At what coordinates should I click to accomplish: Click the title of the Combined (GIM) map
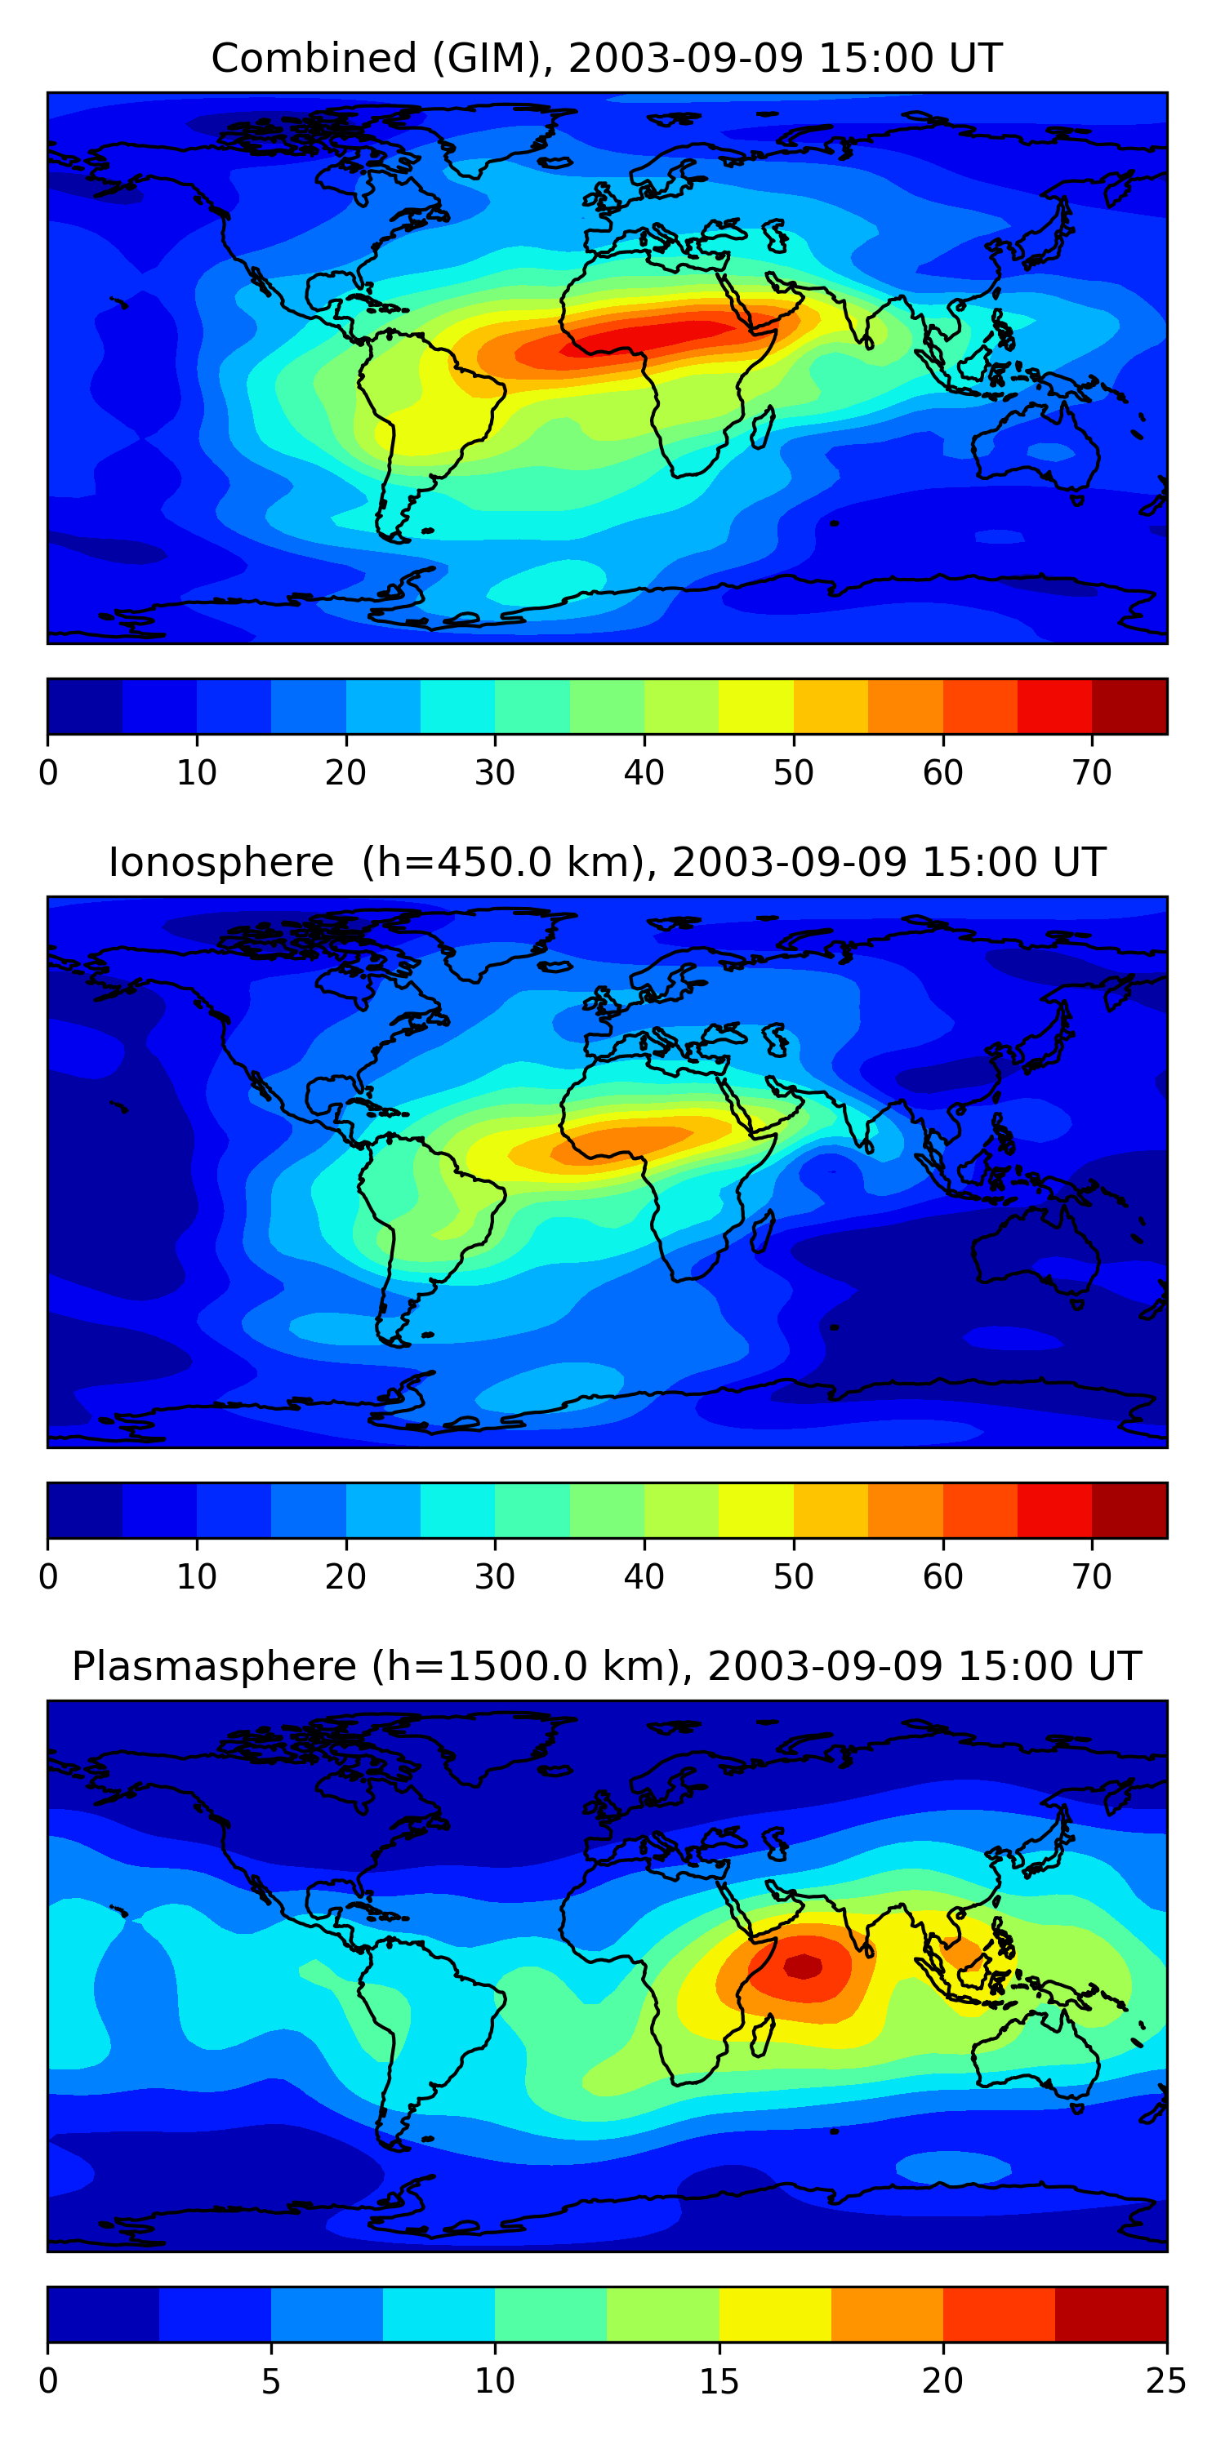click(x=606, y=58)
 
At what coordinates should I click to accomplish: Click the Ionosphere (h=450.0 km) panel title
click(x=606, y=862)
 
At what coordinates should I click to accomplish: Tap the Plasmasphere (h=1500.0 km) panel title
click(x=606, y=1667)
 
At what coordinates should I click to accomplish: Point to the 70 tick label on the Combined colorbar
click(x=1092, y=773)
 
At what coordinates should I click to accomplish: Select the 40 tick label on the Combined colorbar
click(x=644, y=773)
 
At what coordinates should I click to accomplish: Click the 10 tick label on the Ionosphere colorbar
click(x=197, y=1577)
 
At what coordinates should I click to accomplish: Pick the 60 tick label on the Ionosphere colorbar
click(x=942, y=1577)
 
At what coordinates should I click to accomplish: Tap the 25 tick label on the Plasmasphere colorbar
click(x=1166, y=2381)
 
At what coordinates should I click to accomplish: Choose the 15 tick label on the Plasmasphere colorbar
click(x=719, y=2381)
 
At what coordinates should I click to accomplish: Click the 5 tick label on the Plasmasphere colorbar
click(x=271, y=2381)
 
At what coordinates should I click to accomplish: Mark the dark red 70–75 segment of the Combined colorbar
click(x=1129, y=706)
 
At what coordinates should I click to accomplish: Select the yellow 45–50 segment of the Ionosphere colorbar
click(x=756, y=1511)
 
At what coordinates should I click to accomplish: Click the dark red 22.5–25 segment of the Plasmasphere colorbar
click(x=1111, y=2315)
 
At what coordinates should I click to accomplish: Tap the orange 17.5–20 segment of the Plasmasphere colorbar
click(x=886, y=2315)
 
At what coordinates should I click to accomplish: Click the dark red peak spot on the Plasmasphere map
click(x=804, y=1966)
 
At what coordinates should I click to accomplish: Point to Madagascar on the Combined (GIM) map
click(x=763, y=427)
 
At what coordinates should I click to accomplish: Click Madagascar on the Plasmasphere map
click(x=763, y=2035)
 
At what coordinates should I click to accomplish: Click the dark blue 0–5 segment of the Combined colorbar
click(x=85, y=706)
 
